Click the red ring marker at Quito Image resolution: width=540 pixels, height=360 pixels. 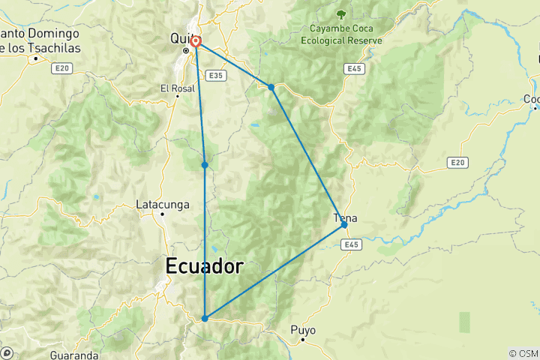pos(195,42)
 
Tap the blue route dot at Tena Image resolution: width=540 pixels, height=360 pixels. pos(344,224)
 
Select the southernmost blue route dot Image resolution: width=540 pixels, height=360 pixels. pos(205,318)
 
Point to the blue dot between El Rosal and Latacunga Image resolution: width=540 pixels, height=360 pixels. pos(205,165)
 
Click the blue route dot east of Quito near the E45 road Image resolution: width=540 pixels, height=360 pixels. pos(271,87)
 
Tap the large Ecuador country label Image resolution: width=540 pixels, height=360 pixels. pos(204,266)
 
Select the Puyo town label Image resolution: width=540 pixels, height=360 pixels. pos(303,329)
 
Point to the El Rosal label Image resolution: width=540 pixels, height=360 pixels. pos(178,88)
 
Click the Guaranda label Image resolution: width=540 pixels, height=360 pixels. pos(74,354)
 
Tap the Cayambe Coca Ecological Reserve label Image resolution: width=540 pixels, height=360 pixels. pos(341,34)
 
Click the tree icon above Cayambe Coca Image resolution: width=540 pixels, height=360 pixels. pos(341,13)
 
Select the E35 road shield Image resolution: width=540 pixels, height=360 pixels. pos(216,76)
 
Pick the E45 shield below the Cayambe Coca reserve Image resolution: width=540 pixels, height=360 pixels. pos(355,68)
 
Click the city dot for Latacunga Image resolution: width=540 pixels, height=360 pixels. pos(162,214)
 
